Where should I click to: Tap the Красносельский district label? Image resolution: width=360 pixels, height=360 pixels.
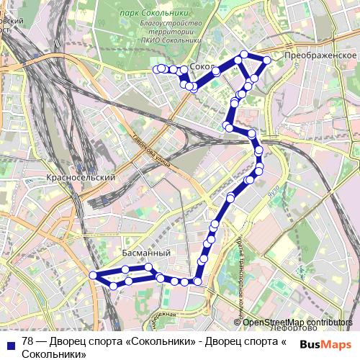click(80, 176)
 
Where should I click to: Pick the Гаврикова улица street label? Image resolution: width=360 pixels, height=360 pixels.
click(152, 150)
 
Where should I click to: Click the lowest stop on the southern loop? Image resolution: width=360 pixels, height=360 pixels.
click(113, 286)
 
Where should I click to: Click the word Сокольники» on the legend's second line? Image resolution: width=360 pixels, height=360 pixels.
click(53, 353)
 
